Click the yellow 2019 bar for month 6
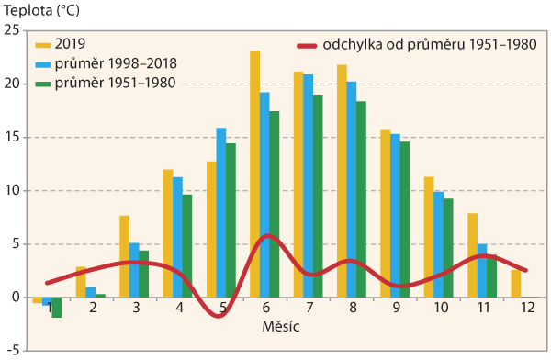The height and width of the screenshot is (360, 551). (254, 174)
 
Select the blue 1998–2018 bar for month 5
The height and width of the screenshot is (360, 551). (221, 212)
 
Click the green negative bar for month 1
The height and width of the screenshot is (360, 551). (57, 307)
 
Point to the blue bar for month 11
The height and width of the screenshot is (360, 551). (481, 270)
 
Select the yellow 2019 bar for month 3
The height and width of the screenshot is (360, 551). (124, 256)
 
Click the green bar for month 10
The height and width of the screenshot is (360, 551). (448, 248)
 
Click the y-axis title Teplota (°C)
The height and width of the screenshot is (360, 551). (38, 11)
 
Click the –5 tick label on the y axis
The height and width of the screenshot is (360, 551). (11, 350)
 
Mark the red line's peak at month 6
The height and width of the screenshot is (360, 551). (265, 236)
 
